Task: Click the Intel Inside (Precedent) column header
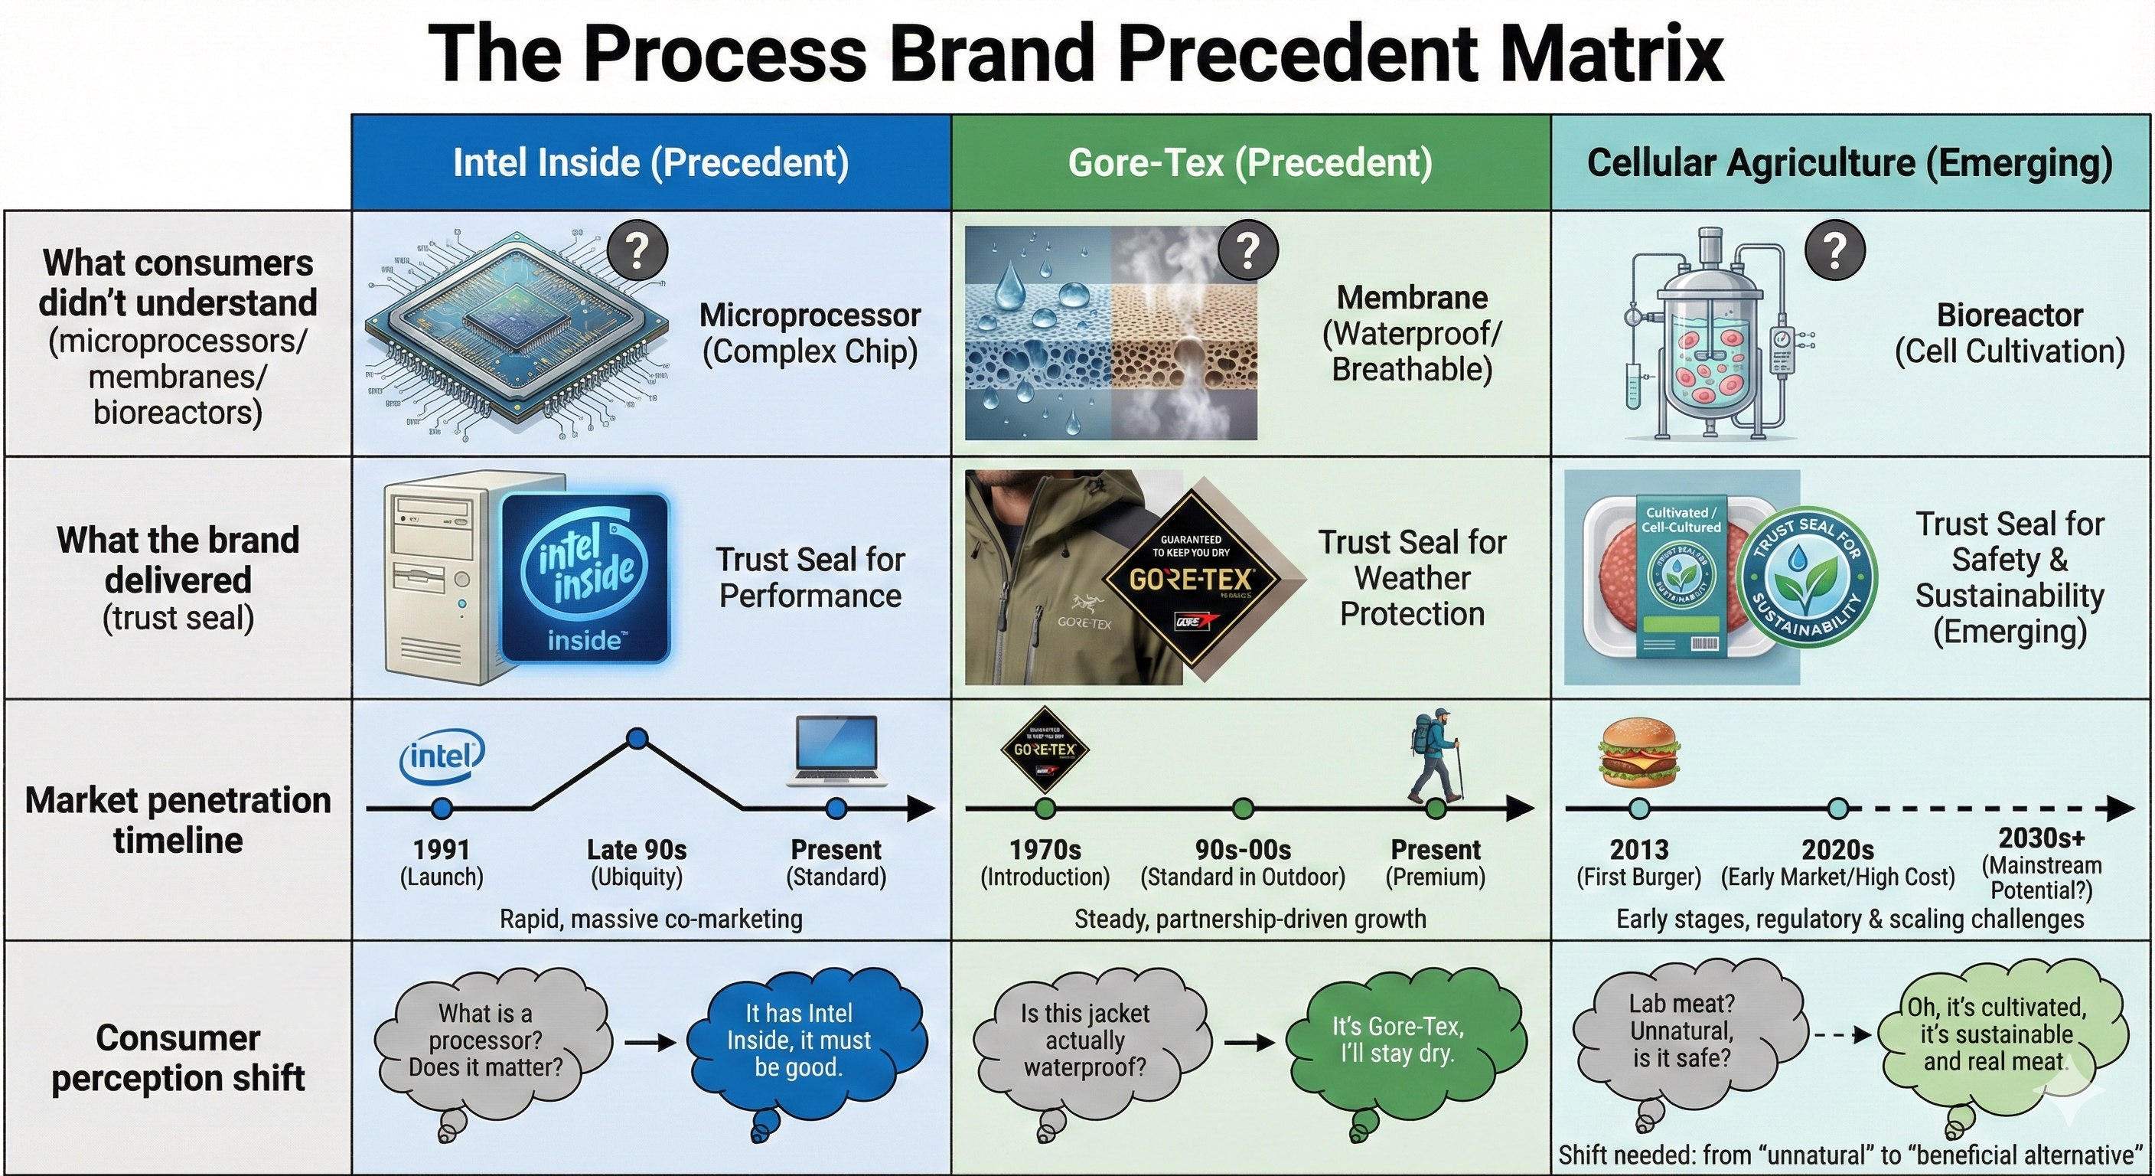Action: (x=650, y=162)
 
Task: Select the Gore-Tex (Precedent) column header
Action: (x=1250, y=162)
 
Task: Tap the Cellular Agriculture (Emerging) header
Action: (x=1850, y=162)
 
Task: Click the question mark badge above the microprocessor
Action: (x=637, y=250)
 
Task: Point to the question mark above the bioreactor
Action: (x=1834, y=250)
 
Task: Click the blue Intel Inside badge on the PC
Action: (x=585, y=577)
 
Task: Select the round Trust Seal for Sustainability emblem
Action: (x=1807, y=578)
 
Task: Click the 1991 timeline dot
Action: (x=442, y=808)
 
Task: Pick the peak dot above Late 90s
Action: (x=637, y=739)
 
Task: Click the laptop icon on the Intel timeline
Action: (x=836, y=751)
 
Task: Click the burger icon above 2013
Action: (x=1639, y=754)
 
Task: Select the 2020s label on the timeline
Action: (x=1837, y=851)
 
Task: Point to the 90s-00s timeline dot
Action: (x=1243, y=808)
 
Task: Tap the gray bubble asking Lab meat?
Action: (x=1681, y=1031)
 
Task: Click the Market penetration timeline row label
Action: (x=178, y=819)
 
